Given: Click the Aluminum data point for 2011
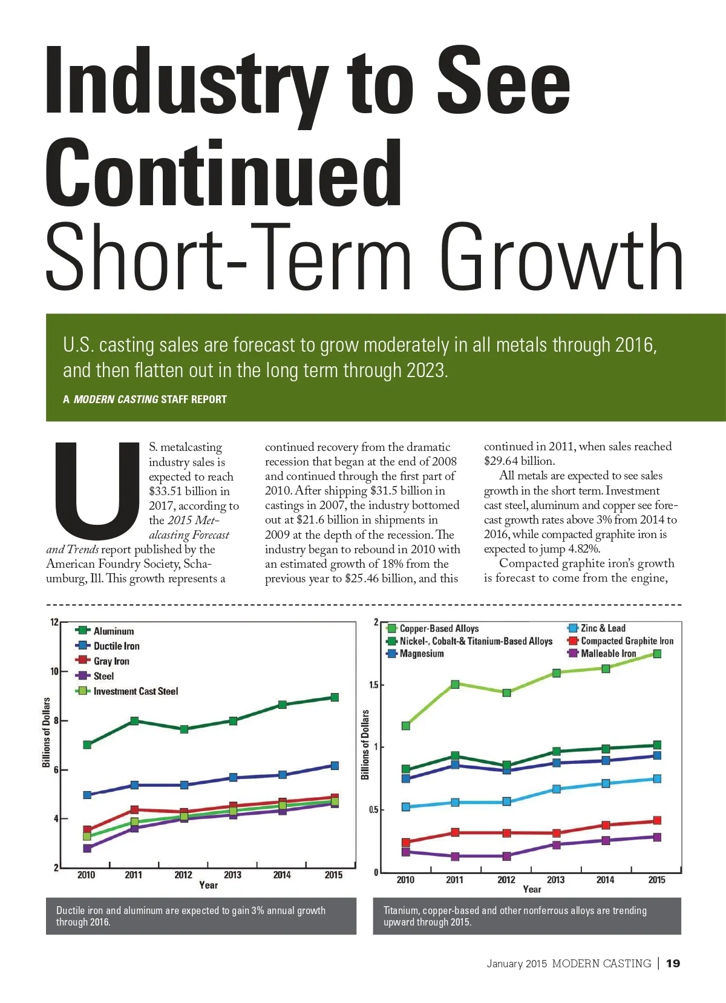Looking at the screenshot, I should pyautogui.click(x=134, y=721).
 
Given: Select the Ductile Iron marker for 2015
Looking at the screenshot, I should pyautogui.click(x=335, y=766).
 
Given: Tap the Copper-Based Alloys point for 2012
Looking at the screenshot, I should pyautogui.click(x=506, y=692).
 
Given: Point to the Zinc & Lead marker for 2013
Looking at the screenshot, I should pyautogui.click(x=556, y=789).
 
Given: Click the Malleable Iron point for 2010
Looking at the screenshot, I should pyautogui.click(x=406, y=852).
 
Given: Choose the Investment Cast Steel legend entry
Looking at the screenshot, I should pyautogui.click(x=135, y=691).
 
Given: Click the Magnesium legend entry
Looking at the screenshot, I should pyautogui.click(x=421, y=654).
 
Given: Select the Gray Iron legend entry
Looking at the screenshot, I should pyautogui.click(x=111, y=661).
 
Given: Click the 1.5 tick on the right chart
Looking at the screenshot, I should pyautogui.click(x=374, y=685).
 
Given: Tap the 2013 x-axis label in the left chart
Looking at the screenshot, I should pyautogui.click(x=232, y=875).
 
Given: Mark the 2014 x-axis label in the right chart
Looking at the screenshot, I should pyautogui.click(x=605, y=880).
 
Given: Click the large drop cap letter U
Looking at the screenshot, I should pyautogui.click(x=97, y=491).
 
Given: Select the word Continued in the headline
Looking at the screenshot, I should pyautogui.click(x=224, y=173).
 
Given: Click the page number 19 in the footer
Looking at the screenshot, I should pyautogui.click(x=673, y=963).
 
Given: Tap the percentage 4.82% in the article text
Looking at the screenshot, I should pyautogui.click(x=583, y=549).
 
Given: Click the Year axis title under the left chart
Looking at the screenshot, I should pyautogui.click(x=208, y=885).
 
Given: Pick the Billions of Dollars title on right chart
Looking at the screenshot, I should pyautogui.click(x=365, y=745).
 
